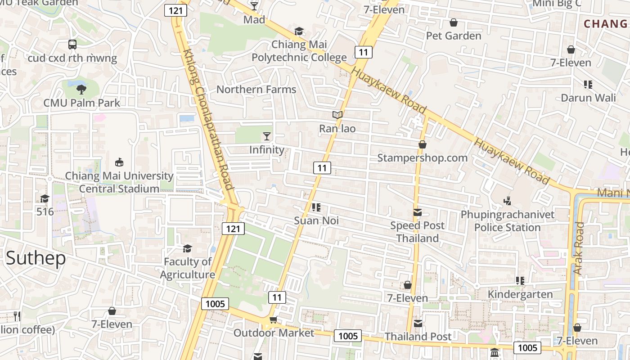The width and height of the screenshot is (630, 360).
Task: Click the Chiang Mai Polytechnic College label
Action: point(299,51)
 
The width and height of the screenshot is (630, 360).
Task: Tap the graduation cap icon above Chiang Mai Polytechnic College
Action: point(299,31)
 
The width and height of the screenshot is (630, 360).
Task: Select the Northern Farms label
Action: point(256,89)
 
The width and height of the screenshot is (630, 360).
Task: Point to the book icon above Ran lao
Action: point(337,115)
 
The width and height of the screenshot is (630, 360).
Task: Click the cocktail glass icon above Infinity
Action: point(267,136)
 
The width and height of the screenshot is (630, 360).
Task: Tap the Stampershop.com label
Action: point(422,158)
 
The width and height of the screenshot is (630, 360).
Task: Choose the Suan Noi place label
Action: point(316,220)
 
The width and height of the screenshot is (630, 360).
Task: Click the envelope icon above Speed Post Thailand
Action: point(418,212)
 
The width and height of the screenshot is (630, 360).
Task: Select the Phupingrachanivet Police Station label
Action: point(508,221)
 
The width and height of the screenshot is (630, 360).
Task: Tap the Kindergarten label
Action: point(521,295)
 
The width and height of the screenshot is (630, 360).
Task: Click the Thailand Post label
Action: point(418,336)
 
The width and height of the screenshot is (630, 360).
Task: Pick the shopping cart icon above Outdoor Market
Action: point(273,320)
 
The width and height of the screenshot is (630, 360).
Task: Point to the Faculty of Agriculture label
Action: point(188,268)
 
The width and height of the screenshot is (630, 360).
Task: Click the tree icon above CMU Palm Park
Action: point(81,89)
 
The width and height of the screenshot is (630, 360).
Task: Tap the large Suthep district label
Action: point(36,258)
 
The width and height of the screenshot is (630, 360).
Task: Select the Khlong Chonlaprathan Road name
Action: point(208,119)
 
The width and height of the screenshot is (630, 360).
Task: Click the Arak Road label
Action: point(578,248)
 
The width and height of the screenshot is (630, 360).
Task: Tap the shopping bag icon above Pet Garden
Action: point(454,22)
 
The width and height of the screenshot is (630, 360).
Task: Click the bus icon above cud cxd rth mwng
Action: point(72,45)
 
